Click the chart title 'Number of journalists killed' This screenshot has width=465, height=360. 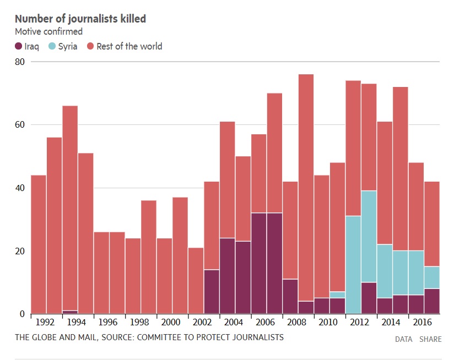(x=80, y=19)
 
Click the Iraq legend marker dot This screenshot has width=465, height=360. (x=19, y=46)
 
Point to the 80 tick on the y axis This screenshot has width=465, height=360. (x=20, y=62)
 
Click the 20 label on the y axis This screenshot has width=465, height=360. (x=20, y=251)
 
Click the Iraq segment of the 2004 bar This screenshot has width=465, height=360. (x=228, y=275)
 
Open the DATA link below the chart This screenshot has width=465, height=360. (x=404, y=339)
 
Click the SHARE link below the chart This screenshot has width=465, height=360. (x=430, y=339)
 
